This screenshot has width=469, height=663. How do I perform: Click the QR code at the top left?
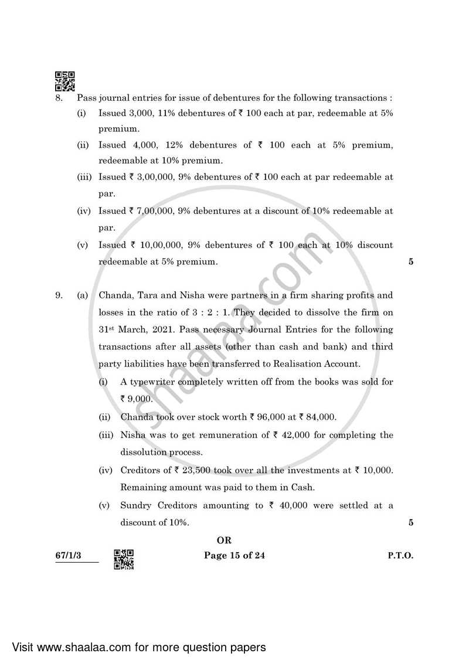65,81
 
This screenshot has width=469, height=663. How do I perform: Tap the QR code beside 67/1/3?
124,559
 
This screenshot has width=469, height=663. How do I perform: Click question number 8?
59,98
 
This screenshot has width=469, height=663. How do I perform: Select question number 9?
59,295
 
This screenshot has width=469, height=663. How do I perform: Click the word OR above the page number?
224,540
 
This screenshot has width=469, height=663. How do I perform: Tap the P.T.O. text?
400,555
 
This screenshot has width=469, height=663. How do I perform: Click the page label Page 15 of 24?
234,555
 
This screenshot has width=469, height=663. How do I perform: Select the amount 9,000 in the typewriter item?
140,399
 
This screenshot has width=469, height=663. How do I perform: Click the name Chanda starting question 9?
114,295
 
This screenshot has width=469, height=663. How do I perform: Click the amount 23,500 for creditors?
189,470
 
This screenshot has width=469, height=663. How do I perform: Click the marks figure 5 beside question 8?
411,262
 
